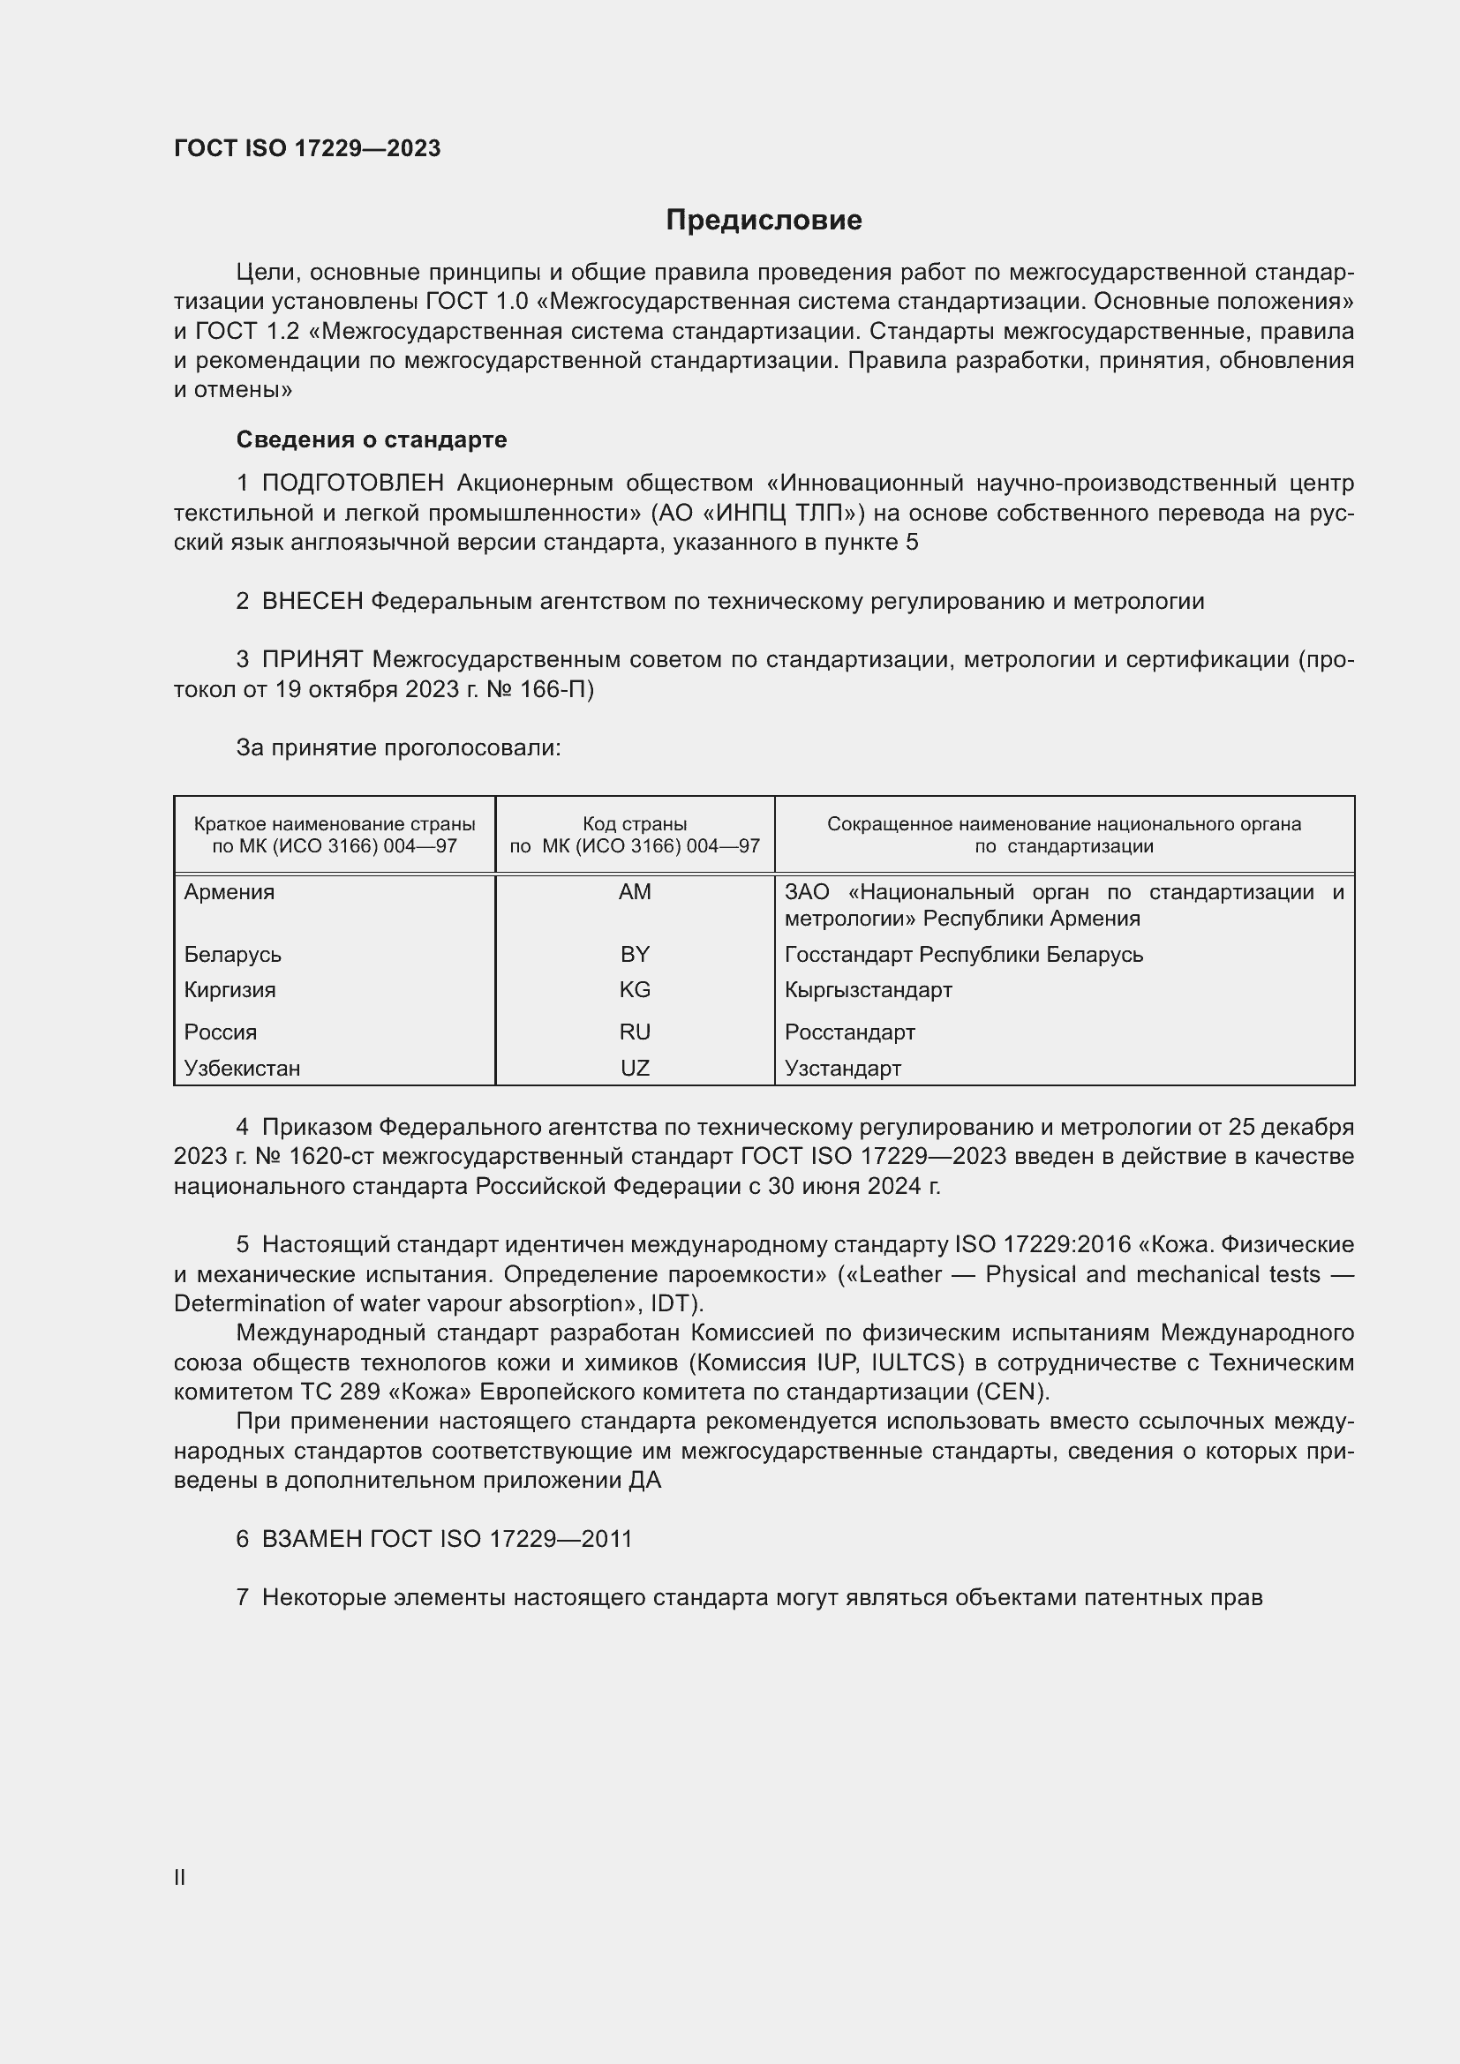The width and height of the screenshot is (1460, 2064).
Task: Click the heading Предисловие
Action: [x=764, y=221]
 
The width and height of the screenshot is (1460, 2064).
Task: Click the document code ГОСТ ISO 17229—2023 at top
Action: [x=307, y=148]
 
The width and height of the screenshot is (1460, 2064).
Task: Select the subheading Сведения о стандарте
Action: [x=372, y=439]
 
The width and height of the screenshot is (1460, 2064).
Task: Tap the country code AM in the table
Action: [x=635, y=892]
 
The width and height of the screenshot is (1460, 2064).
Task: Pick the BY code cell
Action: [x=635, y=954]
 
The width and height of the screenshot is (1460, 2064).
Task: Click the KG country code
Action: [x=635, y=990]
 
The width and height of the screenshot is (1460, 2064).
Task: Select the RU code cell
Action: [x=635, y=1032]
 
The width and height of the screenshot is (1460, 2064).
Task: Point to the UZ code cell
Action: [x=635, y=1068]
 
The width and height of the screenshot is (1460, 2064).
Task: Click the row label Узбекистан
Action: [x=242, y=1068]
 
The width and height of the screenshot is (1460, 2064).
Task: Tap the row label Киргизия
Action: [x=230, y=990]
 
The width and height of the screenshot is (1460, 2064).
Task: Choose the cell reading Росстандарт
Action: [x=849, y=1032]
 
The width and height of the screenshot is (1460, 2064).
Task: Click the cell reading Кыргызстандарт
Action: [x=868, y=990]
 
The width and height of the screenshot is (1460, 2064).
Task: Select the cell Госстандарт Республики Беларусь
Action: [x=964, y=954]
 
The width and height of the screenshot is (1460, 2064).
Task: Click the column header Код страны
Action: [x=635, y=823]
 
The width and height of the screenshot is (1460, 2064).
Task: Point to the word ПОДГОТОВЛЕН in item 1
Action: [x=352, y=484]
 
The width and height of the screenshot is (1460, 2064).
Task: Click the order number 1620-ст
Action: [x=280, y=1156]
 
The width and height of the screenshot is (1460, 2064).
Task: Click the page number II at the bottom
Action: [x=180, y=1877]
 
